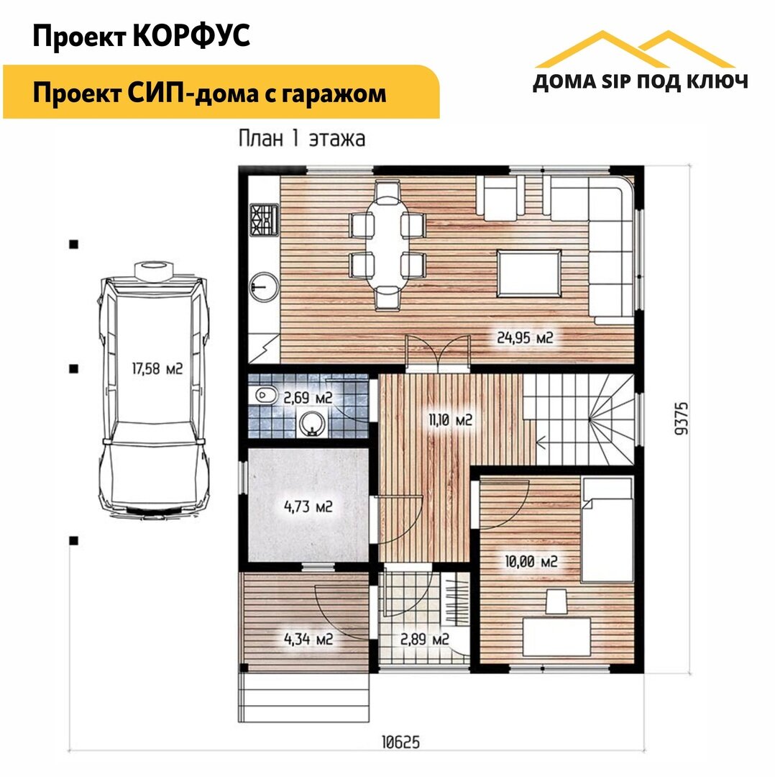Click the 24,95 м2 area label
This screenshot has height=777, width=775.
(x=524, y=338)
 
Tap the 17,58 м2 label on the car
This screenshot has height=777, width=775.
(x=157, y=368)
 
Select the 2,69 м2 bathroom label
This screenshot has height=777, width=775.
(x=308, y=397)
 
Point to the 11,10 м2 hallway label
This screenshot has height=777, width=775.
(x=450, y=420)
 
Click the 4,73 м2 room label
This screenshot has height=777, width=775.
(x=308, y=506)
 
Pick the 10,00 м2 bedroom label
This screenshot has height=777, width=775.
(x=531, y=561)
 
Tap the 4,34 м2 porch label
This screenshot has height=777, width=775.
(x=308, y=640)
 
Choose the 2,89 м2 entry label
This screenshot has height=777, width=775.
(x=424, y=640)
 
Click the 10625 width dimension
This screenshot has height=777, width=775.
(x=400, y=742)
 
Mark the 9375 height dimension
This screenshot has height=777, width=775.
(x=682, y=419)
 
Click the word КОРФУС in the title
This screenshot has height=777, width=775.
(x=192, y=36)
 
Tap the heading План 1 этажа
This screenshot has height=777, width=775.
(x=301, y=139)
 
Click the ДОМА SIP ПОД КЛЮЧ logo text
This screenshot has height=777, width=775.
(x=640, y=82)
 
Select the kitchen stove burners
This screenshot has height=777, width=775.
(x=265, y=220)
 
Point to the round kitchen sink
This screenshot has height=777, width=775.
(x=264, y=286)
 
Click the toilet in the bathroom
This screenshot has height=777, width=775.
(x=267, y=396)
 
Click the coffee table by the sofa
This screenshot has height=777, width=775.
(x=529, y=273)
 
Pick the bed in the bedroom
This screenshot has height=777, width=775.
(x=607, y=530)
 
